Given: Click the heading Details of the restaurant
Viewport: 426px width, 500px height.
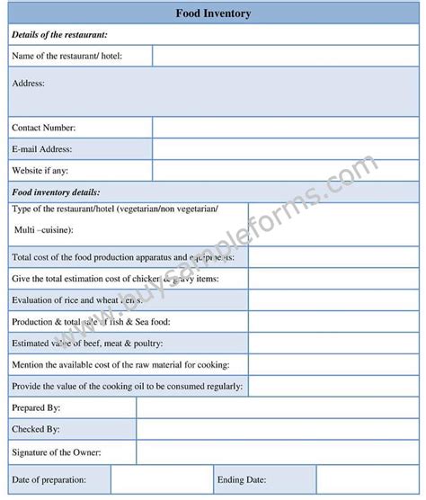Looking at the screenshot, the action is click(59, 35).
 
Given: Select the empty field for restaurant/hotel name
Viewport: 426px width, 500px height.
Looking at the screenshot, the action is click(284, 56).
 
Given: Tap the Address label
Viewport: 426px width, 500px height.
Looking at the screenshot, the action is click(29, 83).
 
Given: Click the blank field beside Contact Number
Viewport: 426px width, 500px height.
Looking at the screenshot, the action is click(284, 128).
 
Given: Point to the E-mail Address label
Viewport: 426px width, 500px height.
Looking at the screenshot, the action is click(42, 149).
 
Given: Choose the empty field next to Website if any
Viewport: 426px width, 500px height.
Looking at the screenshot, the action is click(284, 171).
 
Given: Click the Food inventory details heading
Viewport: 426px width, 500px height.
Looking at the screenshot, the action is click(56, 192).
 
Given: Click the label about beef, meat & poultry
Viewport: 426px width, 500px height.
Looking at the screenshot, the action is click(87, 344).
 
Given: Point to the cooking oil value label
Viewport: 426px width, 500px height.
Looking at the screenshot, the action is click(127, 387).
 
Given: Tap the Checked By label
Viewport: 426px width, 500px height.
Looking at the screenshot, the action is click(37, 430).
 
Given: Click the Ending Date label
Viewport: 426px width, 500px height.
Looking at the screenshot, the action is click(241, 479).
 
